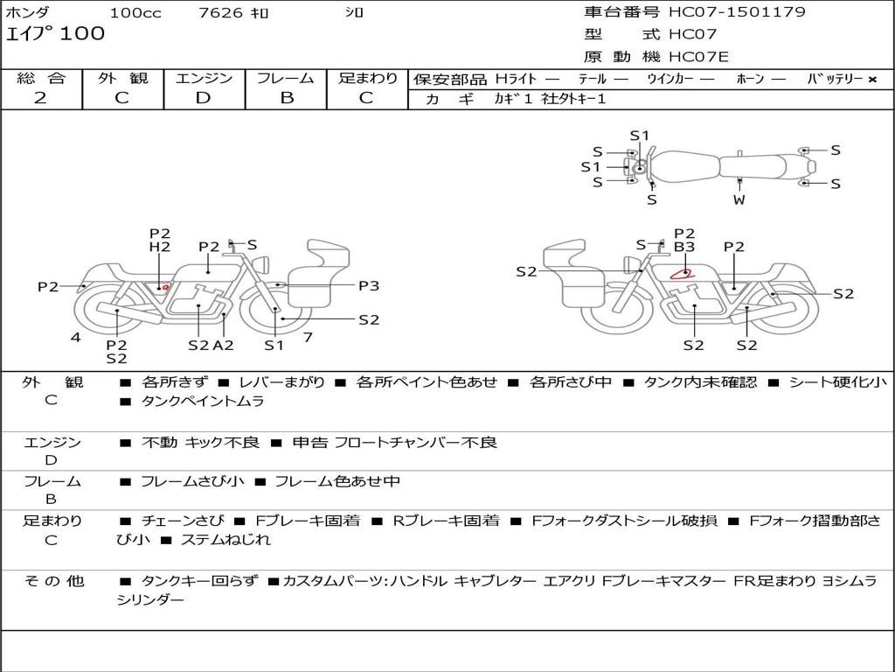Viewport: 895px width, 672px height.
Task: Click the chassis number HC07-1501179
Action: point(737,12)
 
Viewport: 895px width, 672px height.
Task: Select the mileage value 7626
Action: point(215,13)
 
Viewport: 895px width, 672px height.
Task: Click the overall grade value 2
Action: point(40,98)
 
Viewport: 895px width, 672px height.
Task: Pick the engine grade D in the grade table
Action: point(203,98)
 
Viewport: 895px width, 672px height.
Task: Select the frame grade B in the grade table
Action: point(286,98)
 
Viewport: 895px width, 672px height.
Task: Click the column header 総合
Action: point(40,78)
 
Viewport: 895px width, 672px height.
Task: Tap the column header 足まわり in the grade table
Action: point(368,78)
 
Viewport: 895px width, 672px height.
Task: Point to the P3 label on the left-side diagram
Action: point(369,285)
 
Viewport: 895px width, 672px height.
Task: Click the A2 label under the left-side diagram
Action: point(224,345)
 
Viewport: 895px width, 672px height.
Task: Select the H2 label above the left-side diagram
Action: point(159,248)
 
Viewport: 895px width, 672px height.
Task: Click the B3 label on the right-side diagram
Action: point(684,248)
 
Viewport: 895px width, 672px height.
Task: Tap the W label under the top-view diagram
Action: point(739,199)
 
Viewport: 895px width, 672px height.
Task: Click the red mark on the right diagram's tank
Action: point(681,273)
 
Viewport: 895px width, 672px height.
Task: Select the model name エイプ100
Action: point(55,34)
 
